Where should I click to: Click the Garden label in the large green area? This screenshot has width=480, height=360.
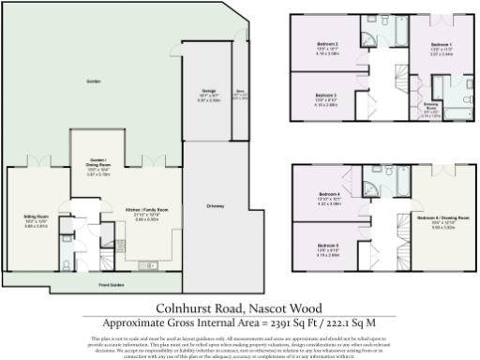click(x=92, y=81)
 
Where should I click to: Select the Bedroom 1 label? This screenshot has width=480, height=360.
click(x=442, y=44)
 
